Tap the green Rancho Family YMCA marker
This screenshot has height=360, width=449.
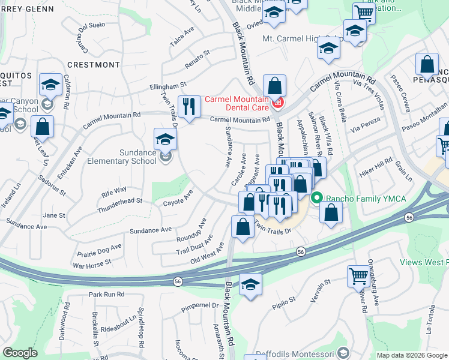[x=318, y=197]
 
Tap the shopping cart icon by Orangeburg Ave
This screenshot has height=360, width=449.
[x=358, y=276]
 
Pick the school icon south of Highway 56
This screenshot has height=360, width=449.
[x=250, y=284]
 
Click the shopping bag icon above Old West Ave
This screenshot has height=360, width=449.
[x=242, y=227]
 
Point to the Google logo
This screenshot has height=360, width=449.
[x=20, y=353]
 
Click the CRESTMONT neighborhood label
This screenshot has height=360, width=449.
[x=93, y=64]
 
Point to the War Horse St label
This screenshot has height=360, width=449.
[x=92, y=263]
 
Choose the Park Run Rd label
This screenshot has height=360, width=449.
[x=106, y=295]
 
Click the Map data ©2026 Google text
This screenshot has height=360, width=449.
[x=411, y=355]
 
